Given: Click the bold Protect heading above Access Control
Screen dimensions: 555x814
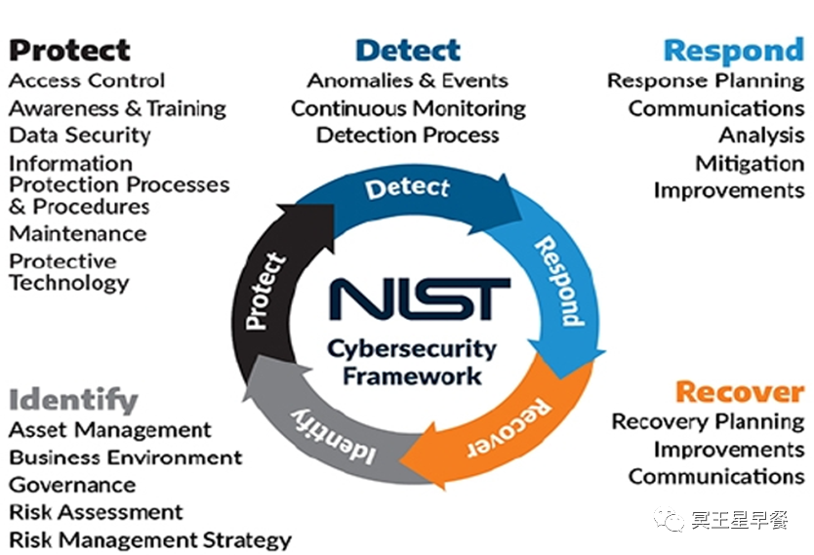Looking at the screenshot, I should click(69, 49).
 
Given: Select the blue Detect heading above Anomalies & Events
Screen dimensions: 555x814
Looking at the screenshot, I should click(408, 49).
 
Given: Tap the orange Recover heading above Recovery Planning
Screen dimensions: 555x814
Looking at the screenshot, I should click(739, 392).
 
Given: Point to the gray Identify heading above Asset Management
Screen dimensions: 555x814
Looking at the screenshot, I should click(73, 399).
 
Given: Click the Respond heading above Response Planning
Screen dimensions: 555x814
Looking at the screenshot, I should click(733, 50).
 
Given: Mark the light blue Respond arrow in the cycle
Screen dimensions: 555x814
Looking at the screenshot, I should click(557, 283).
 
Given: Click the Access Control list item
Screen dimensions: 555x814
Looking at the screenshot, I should click(87, 81).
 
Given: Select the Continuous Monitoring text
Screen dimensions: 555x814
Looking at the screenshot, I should click(408, 108).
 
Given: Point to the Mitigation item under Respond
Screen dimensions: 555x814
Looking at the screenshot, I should click(750, 163).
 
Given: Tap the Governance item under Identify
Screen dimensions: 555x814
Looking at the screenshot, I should click(72, 485).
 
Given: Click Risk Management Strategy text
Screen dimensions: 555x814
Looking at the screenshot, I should click(150, 539).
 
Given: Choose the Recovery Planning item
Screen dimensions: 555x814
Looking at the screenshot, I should click(708, 422).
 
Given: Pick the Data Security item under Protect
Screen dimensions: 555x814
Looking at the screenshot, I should click(80, 136).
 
